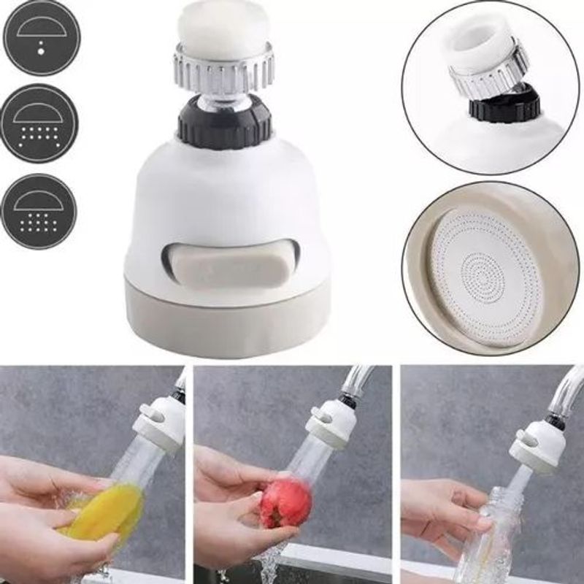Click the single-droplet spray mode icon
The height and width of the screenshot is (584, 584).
(x=39, y=36)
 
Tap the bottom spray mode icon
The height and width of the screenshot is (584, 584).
(x=39, y=212)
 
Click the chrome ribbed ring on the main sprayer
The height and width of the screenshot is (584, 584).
(x=223, y=69)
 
